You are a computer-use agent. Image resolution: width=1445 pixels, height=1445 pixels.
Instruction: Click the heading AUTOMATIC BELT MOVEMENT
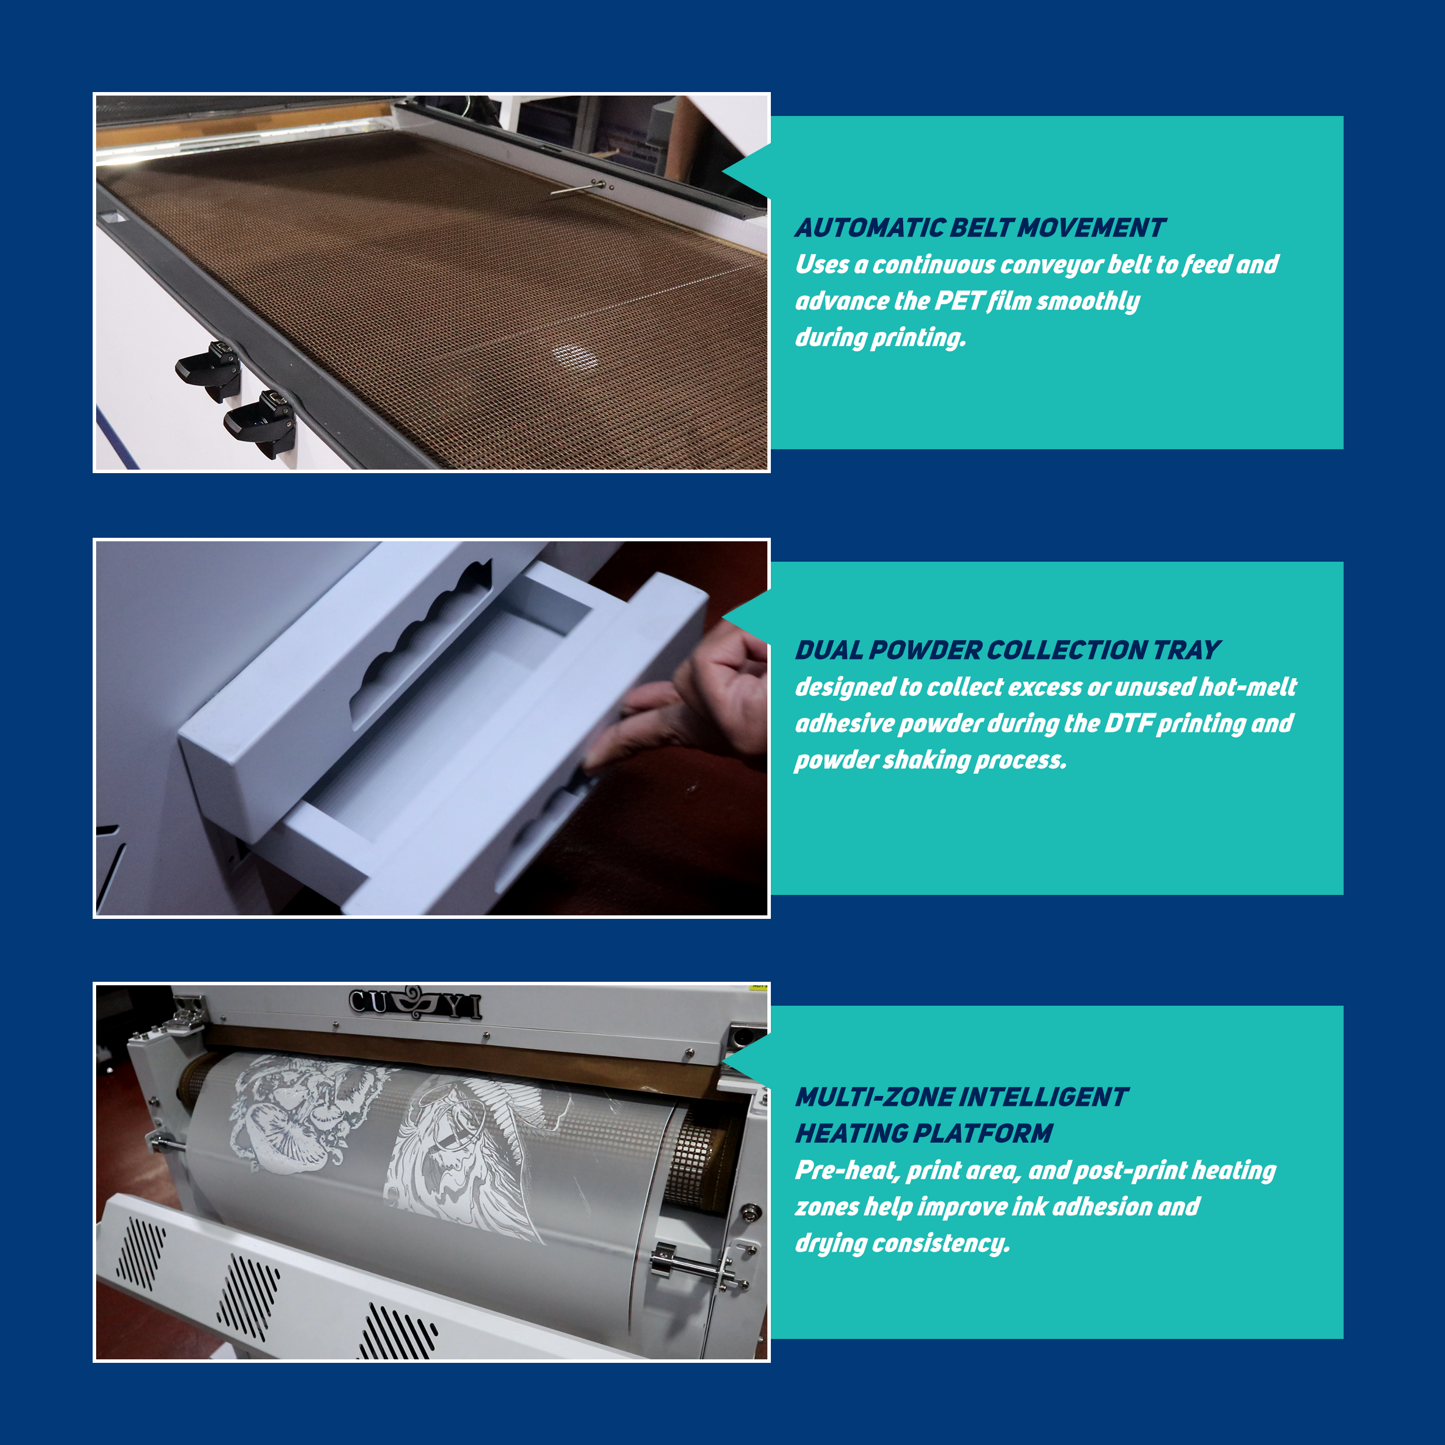[980, 227]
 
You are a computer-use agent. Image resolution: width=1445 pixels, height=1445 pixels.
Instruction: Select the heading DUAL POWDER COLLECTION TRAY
[1007, 650]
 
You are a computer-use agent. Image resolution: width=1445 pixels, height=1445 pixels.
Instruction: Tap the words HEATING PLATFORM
[924, 1133]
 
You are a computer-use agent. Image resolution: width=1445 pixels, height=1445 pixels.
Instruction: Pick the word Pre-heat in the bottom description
[847, 1170]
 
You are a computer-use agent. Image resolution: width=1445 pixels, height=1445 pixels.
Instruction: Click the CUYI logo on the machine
[415, 1003]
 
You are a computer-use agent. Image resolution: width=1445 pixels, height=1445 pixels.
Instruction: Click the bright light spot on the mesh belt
[575, 357]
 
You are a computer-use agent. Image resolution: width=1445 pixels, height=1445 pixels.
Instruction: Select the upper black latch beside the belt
[209, 369]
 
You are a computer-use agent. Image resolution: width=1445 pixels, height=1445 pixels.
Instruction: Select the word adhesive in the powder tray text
[844, 723]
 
